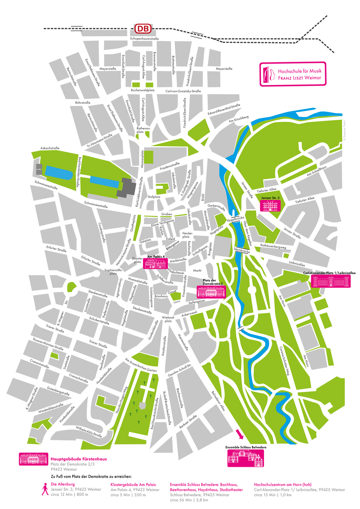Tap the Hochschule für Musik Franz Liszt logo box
[293, 74]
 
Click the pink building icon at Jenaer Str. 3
[270, 206]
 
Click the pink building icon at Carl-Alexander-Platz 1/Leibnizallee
[330, 281]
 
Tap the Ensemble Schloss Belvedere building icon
[245, 458]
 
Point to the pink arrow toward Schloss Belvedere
[239, 434]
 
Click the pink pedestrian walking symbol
[45, 489]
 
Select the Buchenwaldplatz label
[143, 90]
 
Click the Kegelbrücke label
[236, 219]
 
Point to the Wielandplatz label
[168, 319]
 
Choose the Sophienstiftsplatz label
[113, 272]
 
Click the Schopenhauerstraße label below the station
[144, 39]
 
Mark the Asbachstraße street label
[50, 148]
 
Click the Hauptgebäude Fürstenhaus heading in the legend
[79, 459]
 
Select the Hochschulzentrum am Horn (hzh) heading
[283, 484]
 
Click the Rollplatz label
[154, 197]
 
